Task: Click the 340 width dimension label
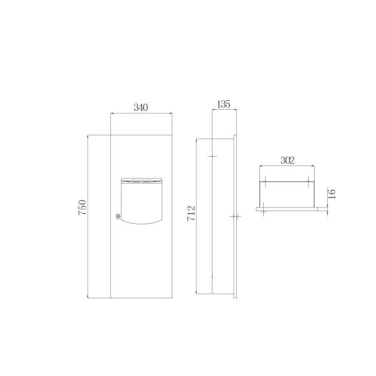140,107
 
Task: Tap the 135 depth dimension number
223,103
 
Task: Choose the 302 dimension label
287,160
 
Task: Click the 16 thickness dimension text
333,194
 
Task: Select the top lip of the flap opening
140,180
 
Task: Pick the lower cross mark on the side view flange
235,216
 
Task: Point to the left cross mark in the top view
265,182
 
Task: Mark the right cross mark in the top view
309,182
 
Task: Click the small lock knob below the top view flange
265,212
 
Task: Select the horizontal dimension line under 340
140,114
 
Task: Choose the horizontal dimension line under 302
287,167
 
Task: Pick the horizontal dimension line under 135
223,110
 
